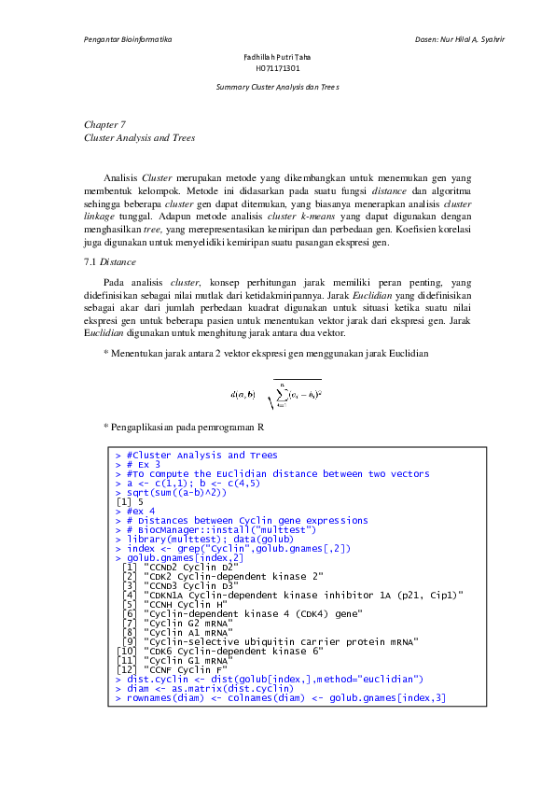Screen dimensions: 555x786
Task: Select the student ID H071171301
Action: pyautogui.click(x=277, y=68)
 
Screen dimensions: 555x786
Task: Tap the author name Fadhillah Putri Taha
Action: pyautogui.click(x=277, y=58)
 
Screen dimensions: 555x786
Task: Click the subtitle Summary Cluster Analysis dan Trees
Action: pyautogui.click(x=277, y=86)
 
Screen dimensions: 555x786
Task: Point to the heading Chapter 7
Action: pyautogui.click(x=104, y=123)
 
